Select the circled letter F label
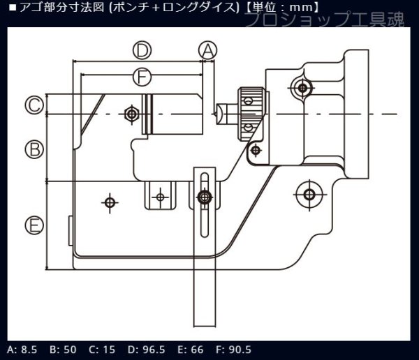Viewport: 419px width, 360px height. point(142,75)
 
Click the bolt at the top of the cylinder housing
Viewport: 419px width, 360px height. point(302,88)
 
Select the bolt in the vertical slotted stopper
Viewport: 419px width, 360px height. point(203,197)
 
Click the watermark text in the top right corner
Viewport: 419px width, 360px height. point(325,20)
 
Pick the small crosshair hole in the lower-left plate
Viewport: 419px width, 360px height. point(108,202)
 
